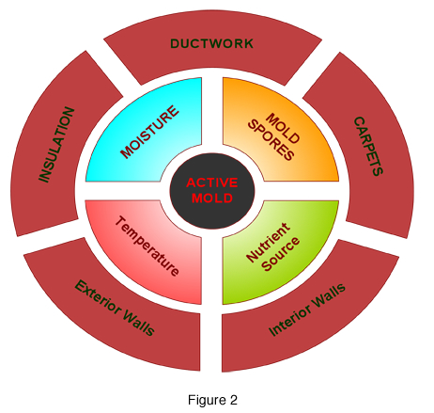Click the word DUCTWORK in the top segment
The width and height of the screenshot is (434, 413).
click(211, 43)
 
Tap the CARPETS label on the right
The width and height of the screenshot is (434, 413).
click(367, 147)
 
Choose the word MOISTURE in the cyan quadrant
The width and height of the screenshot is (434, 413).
click(151, 133)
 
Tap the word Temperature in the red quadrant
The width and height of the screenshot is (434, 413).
click(147, 247)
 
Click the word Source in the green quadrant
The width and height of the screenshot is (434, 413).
click(282, 253)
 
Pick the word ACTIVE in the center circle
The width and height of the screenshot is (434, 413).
click(211, 183)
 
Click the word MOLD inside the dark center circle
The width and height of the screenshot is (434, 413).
click(211, 199)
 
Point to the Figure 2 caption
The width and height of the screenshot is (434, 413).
click(211, 399)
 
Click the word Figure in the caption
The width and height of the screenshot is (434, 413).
click(206, 399)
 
